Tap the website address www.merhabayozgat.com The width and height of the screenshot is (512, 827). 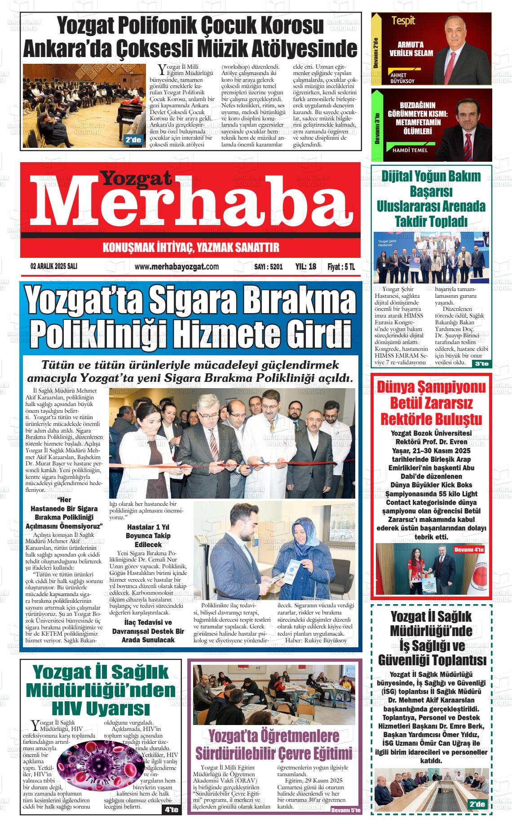(x=177, y=267)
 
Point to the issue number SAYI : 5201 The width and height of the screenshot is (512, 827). (x=269, y=267)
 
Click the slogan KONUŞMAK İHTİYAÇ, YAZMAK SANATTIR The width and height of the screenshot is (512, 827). (x=191, y=248)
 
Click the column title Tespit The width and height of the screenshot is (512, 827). (x=403, y=20)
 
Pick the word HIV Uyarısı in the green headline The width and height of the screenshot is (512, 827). (x=101, y=708)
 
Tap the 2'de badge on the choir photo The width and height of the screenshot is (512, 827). (x=133, y=140)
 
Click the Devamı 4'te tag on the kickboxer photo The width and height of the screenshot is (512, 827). (x=469, y=549)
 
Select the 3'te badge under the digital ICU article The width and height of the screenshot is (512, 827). (x=481, y=364)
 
